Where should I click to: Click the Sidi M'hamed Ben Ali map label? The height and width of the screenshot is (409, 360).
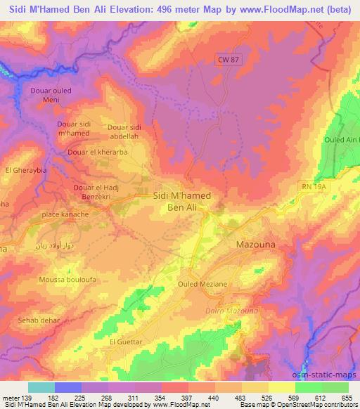(181, 202)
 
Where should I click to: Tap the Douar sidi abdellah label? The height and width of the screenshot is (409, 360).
(127, 131)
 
